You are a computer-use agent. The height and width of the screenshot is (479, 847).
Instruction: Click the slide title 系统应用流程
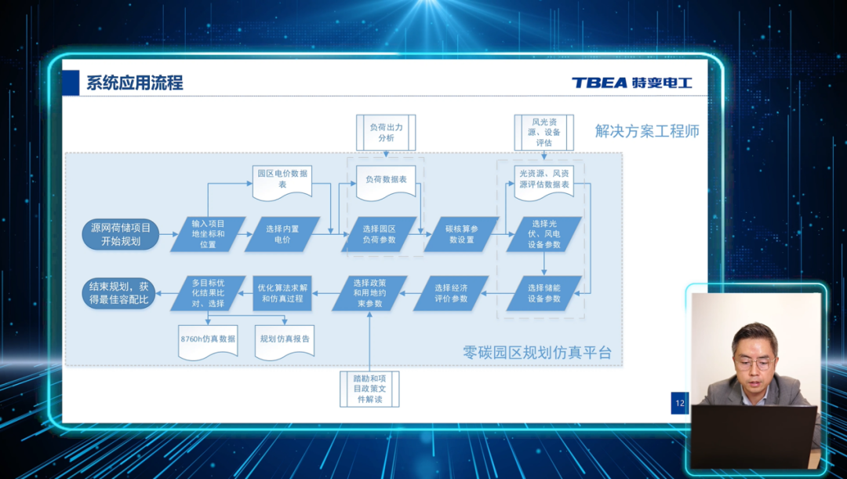click(135, 82)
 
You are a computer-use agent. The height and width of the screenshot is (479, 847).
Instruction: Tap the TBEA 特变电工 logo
click(631, 82)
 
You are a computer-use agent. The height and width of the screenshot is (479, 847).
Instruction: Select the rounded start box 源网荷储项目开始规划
click(120, 234)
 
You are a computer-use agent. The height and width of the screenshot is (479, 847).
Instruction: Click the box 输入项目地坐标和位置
click(208, 234)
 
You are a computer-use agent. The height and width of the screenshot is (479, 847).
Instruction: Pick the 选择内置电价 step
click(282, 234)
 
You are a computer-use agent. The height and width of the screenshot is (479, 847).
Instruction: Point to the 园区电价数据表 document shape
click(282, 180)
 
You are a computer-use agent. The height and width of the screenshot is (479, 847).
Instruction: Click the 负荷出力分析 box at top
click(386, 132)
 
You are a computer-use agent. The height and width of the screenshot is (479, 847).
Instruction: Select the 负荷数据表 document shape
click(386, 181)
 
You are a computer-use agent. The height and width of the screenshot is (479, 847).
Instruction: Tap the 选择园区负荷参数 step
click(379, 234)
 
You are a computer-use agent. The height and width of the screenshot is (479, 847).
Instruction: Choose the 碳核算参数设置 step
click(460, 234)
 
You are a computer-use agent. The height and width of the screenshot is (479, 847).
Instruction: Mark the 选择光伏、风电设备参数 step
click(544, 234)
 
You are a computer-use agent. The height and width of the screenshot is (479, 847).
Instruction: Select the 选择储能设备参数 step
click(544, 293)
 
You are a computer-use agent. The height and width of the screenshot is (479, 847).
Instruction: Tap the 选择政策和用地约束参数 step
click(368, 293)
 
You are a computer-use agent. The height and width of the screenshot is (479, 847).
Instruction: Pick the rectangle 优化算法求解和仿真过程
click(282, 293)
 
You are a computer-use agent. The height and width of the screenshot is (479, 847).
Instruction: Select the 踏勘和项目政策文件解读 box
click(369, 389)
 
